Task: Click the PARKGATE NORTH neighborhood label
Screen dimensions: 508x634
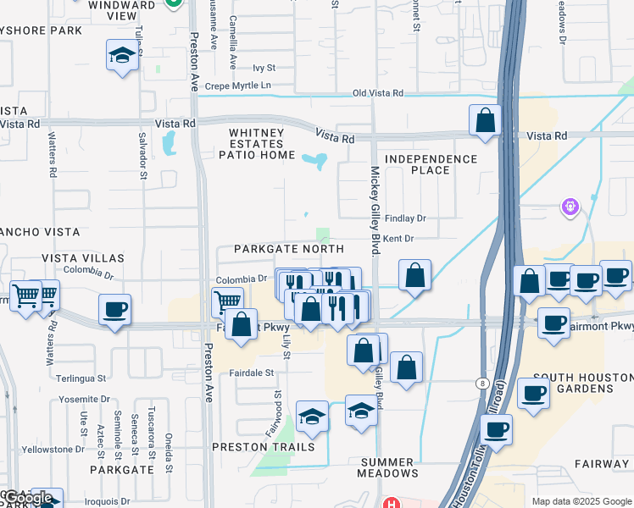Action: click(289, 249)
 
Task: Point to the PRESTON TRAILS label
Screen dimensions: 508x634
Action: click(263, 447)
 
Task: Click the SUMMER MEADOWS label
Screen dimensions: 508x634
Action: click(387, 467)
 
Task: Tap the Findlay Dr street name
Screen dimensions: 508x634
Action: click(404, 218)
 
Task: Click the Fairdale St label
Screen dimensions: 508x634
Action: click(252, 373)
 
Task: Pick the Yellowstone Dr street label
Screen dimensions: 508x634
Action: click(54, 449)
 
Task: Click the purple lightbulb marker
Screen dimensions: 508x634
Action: click(570, 206)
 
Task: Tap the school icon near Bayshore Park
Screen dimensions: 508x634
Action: click(123, 56)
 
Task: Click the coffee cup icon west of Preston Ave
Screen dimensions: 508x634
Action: click(114, 310)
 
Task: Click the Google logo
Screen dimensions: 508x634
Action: click(28, 498)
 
